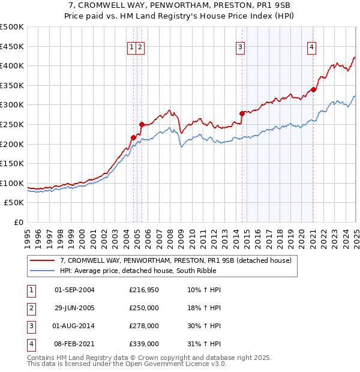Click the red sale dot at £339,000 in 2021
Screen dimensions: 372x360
tap(313, 89)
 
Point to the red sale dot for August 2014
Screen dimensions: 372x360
tap(242, 113)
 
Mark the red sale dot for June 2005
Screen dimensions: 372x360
tap(142, 124)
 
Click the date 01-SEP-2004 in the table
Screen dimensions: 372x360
tap(74, 290)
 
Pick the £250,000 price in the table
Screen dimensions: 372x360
tap(144, 308)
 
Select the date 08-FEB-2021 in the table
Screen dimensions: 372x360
tap(74, 344)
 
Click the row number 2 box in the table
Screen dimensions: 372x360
tap(30, 308)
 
